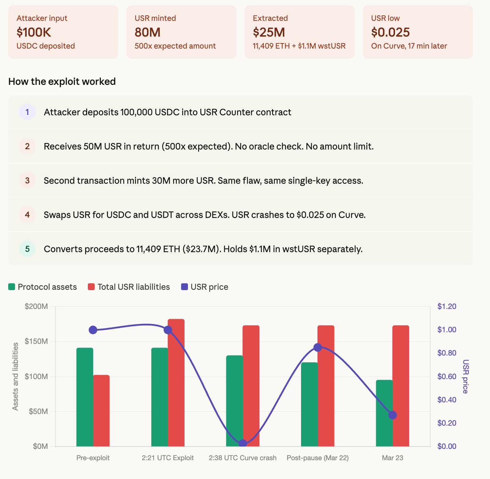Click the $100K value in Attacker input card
coord(34,32)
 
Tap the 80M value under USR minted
coord(147,32)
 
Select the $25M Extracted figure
coord(269,32)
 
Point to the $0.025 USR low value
coord(390,32)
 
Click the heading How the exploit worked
coord(62,81)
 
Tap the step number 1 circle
coord(27,112)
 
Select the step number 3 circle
coord(27,180)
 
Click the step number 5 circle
coord(27,249)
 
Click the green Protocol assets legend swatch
coord(12,287)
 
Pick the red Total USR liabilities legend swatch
coord(91,287)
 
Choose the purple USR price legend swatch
coord(185,287)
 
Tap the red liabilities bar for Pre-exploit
coord(101,411)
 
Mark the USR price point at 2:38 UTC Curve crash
coord(243,443)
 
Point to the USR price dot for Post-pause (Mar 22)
coord(318,348)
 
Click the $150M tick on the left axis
coord(36,341)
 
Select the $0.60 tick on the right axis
coord(447,376)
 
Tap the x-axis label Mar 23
coord(392,458)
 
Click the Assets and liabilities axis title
coord(15,376)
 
